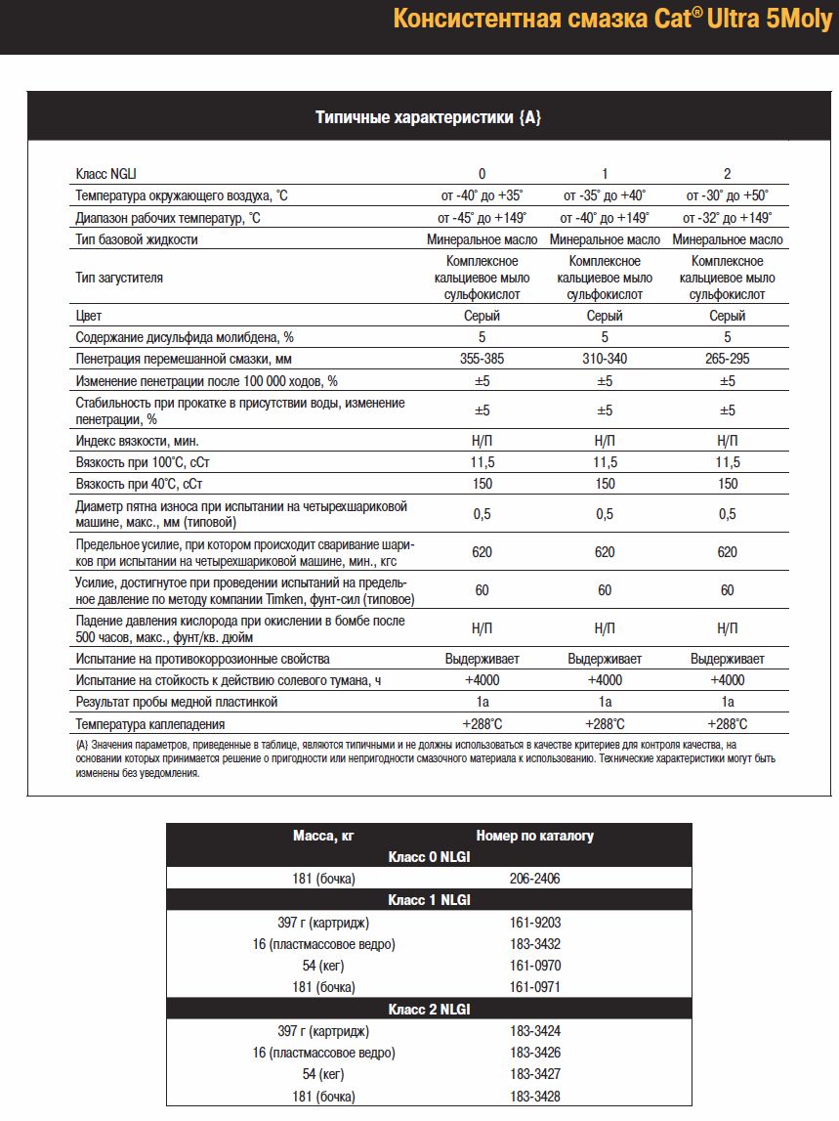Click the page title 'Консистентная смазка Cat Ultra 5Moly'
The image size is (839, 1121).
click(x=612, y=21)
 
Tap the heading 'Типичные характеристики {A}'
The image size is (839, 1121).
click(x=428, y=117)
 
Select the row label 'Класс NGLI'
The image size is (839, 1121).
click(x=106, y=174)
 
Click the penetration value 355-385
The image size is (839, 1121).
click(x=482, y=359)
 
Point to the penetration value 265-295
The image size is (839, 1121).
click(x=727, y=359)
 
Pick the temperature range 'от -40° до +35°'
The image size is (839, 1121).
click(x=482, y=195)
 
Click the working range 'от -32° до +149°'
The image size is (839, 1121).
click(x=727, y=218)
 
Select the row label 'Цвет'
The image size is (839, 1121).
click(x=89, y=316)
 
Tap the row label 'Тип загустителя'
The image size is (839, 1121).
click(x=119, y=278)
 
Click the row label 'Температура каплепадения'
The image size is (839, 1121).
click(x=150, y=724)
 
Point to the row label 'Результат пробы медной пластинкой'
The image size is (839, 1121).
click(x=177, y=702)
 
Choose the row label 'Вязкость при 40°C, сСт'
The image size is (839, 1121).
click(x=145, y=484)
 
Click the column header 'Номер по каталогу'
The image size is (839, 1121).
click(x=534, y=836)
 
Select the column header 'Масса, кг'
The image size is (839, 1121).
click(x=323, y=836)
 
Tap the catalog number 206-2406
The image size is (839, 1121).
click(x=534, y=879)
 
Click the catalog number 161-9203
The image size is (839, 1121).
click(x=534, y=922)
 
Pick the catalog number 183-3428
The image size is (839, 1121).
click(x=534, y=1096)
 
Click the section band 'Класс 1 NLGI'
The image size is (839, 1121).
click(x=429, y=900)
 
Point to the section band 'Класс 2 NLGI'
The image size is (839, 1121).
click(x=429, y=1009)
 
